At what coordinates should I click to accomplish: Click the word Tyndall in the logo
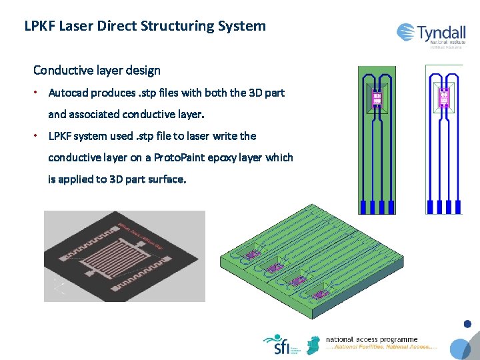[441, 32]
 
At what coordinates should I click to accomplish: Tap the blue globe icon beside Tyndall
[406, 32]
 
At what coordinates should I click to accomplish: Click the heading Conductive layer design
[97, 70]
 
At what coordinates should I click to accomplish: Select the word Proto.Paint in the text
[180, 157]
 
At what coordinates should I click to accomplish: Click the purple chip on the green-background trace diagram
[377, 99]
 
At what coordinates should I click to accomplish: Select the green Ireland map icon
[312, 345]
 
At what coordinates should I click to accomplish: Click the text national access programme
[371, 340]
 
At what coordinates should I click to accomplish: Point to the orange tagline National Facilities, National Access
[381, 348]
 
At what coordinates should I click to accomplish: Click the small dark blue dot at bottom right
[467, 325]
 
